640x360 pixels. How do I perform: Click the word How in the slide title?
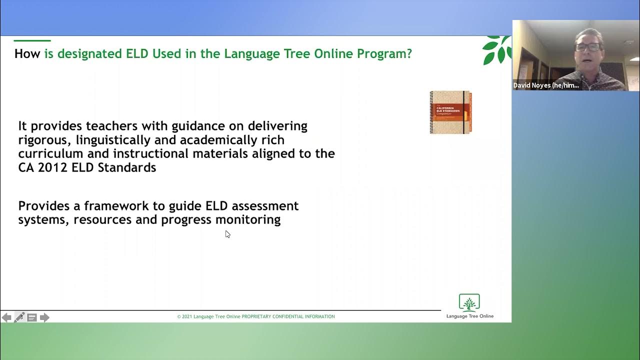(x=27, y=54)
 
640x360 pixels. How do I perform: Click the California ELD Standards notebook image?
(x=450, y=112)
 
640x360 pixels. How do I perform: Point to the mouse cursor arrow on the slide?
(x=227, y=234)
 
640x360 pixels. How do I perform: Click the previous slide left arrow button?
(x=6, y=317)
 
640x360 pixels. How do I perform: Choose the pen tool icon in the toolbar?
(x=19, y=317)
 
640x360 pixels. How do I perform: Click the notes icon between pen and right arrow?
(x=32, y=317)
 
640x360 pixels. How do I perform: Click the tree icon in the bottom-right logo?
(x=469, y=303)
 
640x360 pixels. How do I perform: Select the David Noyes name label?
(x=546, y=85)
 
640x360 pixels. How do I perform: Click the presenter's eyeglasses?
(x=587, y=47)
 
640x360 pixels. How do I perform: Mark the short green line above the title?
(x=32, y=40)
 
